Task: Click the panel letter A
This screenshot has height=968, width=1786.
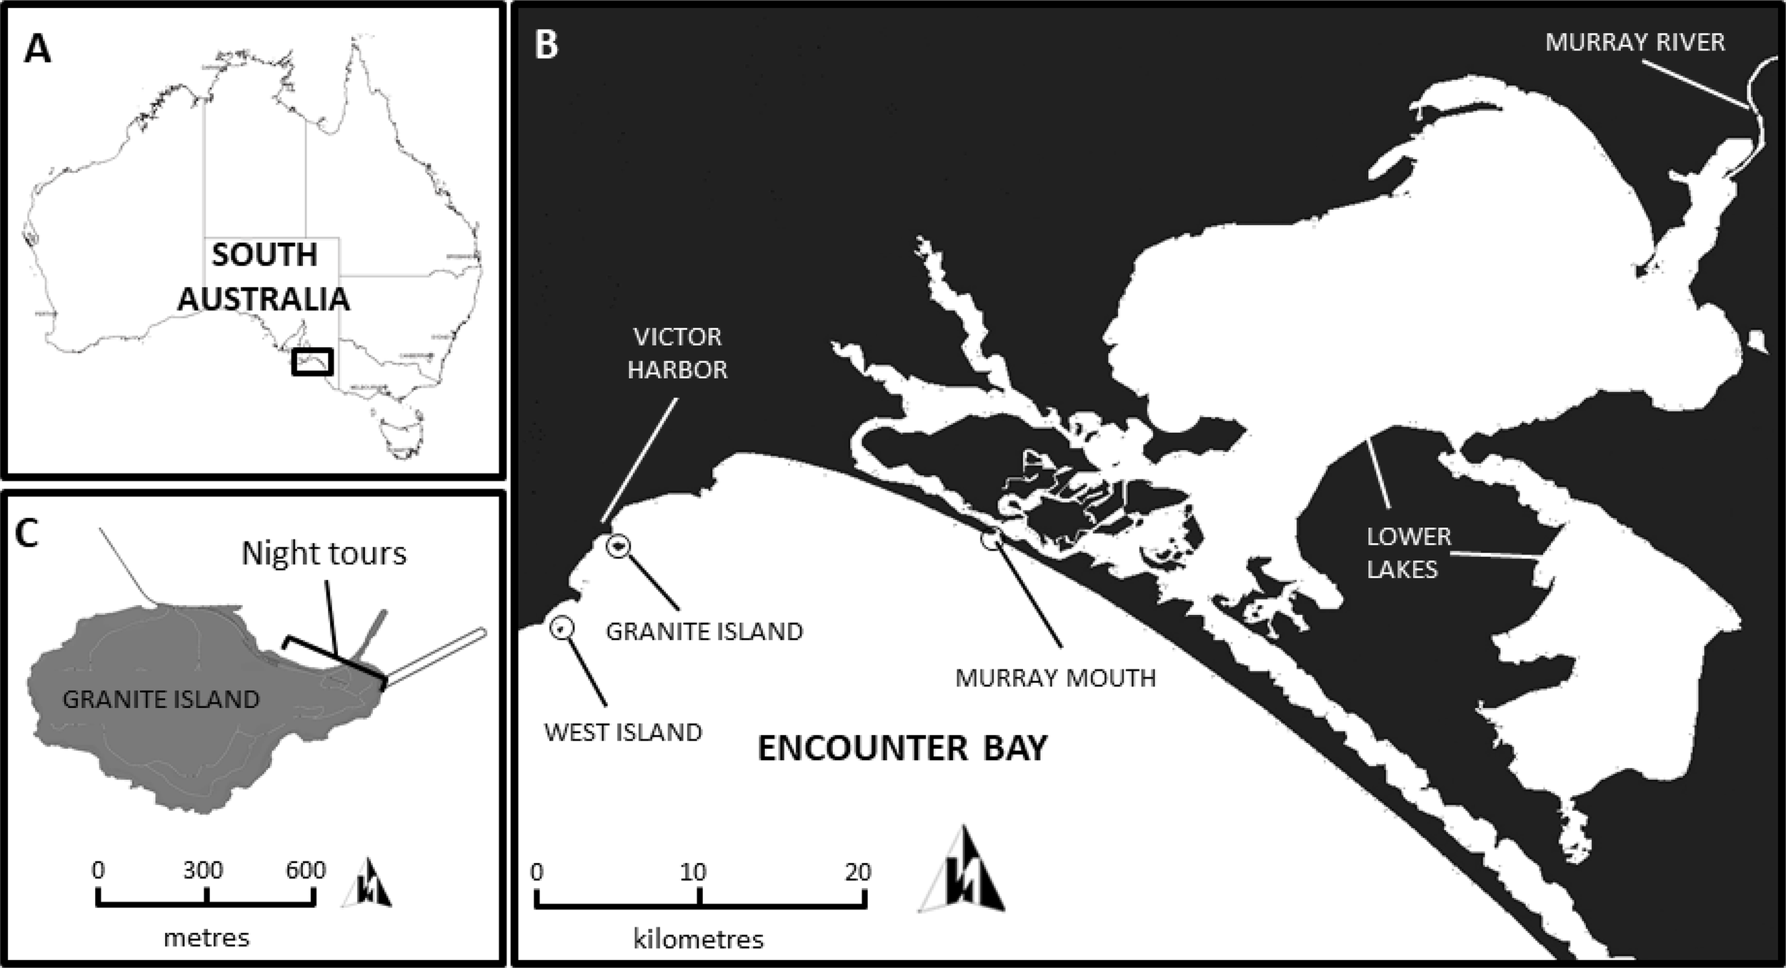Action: point(37,50)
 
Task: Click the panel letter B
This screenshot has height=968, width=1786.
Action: point(546,44)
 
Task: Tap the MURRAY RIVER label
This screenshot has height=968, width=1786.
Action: point(1635,43)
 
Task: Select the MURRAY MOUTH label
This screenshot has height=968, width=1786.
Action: point(1055,677)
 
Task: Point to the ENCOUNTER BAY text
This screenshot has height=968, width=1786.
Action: point(902,749)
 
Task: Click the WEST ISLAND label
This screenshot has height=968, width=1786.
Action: point(623,732)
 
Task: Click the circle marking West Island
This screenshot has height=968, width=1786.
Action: point(562,628)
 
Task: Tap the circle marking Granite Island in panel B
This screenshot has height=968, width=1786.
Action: point(619,547)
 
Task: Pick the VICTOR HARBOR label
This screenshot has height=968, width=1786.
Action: point(677,353)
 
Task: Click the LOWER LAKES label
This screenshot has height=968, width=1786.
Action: point(1407,552)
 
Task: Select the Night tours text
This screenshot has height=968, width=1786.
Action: point(324,554)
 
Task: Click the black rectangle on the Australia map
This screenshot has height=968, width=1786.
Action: point(312,361)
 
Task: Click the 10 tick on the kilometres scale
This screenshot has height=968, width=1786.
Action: point(699,897)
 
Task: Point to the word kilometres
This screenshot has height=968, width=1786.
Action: point(698,938)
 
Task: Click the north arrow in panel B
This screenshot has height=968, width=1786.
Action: point(962,872)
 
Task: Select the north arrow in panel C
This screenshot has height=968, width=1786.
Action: point(369,884)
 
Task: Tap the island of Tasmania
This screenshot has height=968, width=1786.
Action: point(401,431)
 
